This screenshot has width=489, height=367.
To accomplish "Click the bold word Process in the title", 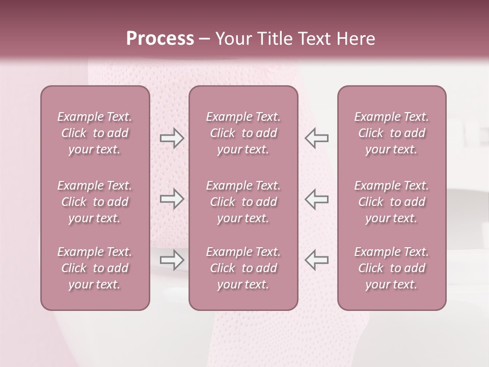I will (x=160, y=39).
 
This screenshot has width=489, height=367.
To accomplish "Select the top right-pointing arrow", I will (x=172, y=138).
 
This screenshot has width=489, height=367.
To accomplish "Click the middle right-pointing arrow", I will (x=172, y=199).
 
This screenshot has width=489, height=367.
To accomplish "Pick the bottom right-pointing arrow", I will (x=172, y=260).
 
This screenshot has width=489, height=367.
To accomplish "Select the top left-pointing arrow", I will (x=317, y=138).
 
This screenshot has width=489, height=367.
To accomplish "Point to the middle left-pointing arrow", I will (x=317, y=199).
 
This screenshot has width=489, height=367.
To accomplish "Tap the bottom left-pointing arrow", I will (x=317, y=260).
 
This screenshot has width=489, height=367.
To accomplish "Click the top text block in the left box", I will (x=95, y=133).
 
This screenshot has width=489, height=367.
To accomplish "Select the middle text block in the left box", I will (x=95, y=202).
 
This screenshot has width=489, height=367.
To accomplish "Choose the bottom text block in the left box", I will (x=95, y=268).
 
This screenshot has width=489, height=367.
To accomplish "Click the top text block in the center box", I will (x=243, y=133).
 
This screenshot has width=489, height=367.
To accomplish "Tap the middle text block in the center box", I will (x=243, y=202).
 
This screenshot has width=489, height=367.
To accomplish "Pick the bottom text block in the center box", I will (x=243, y=268).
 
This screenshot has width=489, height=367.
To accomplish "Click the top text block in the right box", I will (x=391, y=133).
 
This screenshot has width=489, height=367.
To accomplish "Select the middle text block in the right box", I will (x=391, y=202).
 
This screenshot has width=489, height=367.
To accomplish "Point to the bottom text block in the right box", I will (x=391, y=268).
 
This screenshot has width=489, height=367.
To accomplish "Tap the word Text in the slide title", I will (x=314, y=39).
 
